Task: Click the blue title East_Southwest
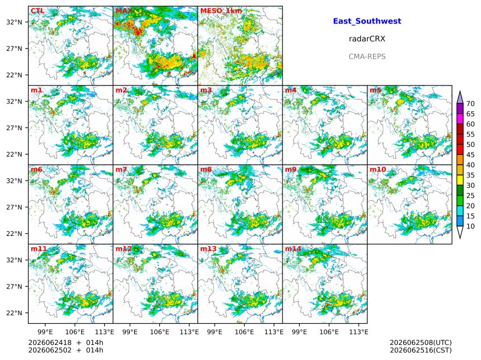click(x=367, y=21)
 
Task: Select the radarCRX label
click(x=367, y=39)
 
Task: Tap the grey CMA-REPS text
click(x=367, y=56)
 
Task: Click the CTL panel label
click(x=37, y=11)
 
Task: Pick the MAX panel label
click(x=124, y=11)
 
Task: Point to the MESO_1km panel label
click(x=221, y=11)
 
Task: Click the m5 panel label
click(x=375, y=90)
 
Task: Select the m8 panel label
click(x=206, y=169)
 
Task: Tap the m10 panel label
click(x=378, y=169)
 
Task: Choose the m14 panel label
click(x=293, y=249)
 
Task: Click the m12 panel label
click(x=124, y=249)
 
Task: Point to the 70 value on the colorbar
click(x=470, y=103)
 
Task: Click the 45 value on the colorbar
click(x=470, y=155)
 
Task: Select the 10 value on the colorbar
click(x=470, y=226)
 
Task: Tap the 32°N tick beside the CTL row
click(x=15, y=22)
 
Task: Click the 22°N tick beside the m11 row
click(x=15, y=313)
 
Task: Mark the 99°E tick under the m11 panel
click(x=45, y=332)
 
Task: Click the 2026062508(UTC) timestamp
click(x=421, y=343)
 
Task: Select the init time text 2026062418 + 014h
click(x=65, y=343)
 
